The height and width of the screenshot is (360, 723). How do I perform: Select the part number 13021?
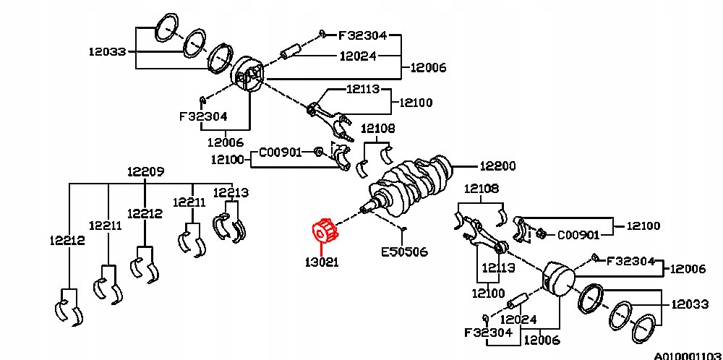point(322,262)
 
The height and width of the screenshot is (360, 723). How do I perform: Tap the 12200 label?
point(497,166)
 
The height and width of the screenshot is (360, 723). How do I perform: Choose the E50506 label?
point(404,252)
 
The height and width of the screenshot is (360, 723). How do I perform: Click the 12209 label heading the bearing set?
point(146,172)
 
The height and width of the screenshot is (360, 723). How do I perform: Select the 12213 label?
point(231,192)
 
